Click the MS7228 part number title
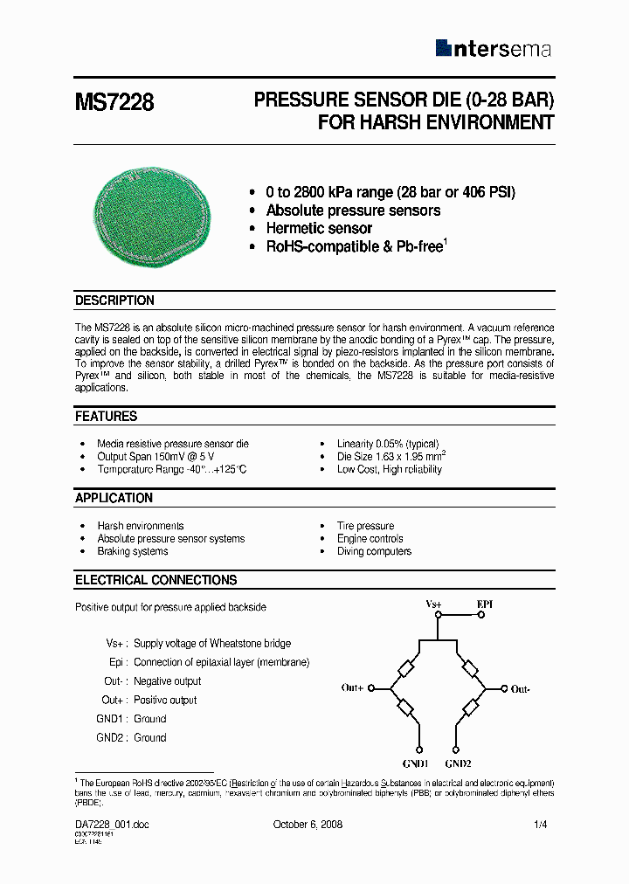(114, 102)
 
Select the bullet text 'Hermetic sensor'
(319, 229)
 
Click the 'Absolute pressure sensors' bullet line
(353, 211)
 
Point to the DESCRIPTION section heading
(114, 300)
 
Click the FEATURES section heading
(106, 417)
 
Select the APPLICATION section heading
(114, 498)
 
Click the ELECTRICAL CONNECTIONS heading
(156, 580)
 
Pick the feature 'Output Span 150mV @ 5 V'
(156, 457)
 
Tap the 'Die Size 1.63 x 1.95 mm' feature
(391, 457)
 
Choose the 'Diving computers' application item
(374, 552)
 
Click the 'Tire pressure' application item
(365, 526)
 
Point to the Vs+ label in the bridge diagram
(433, 604)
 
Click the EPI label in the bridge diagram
(485, 604)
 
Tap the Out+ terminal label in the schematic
(352, 688)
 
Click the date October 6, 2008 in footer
(308, 825)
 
